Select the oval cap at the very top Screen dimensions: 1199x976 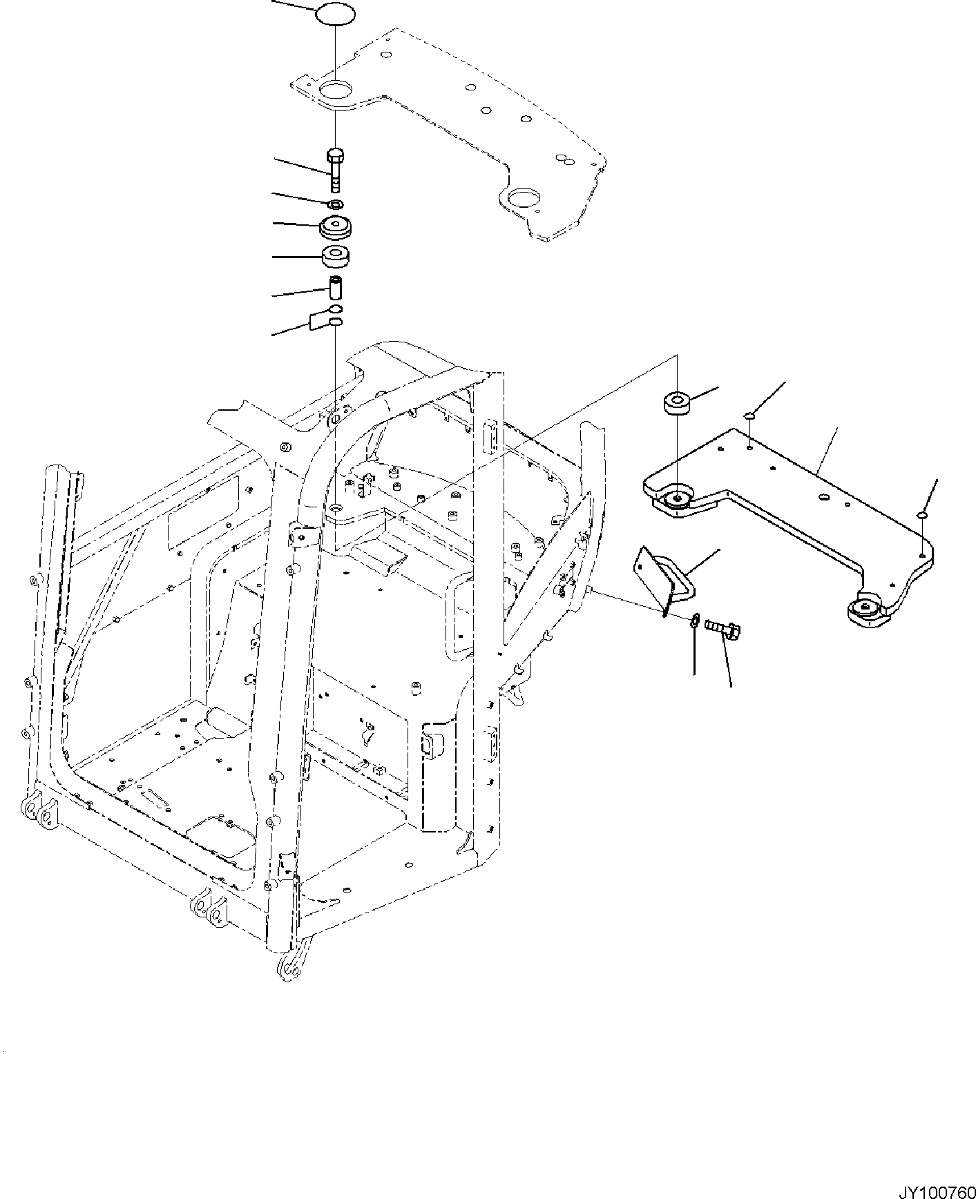[335, 15]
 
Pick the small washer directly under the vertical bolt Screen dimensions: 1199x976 [335, 204]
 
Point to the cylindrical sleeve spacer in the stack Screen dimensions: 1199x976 [335, 286]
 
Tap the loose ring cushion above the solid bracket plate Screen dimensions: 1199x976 [676, 403]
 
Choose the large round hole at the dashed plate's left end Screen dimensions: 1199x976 [335, 92]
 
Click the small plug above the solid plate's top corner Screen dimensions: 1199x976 [750, 416]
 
